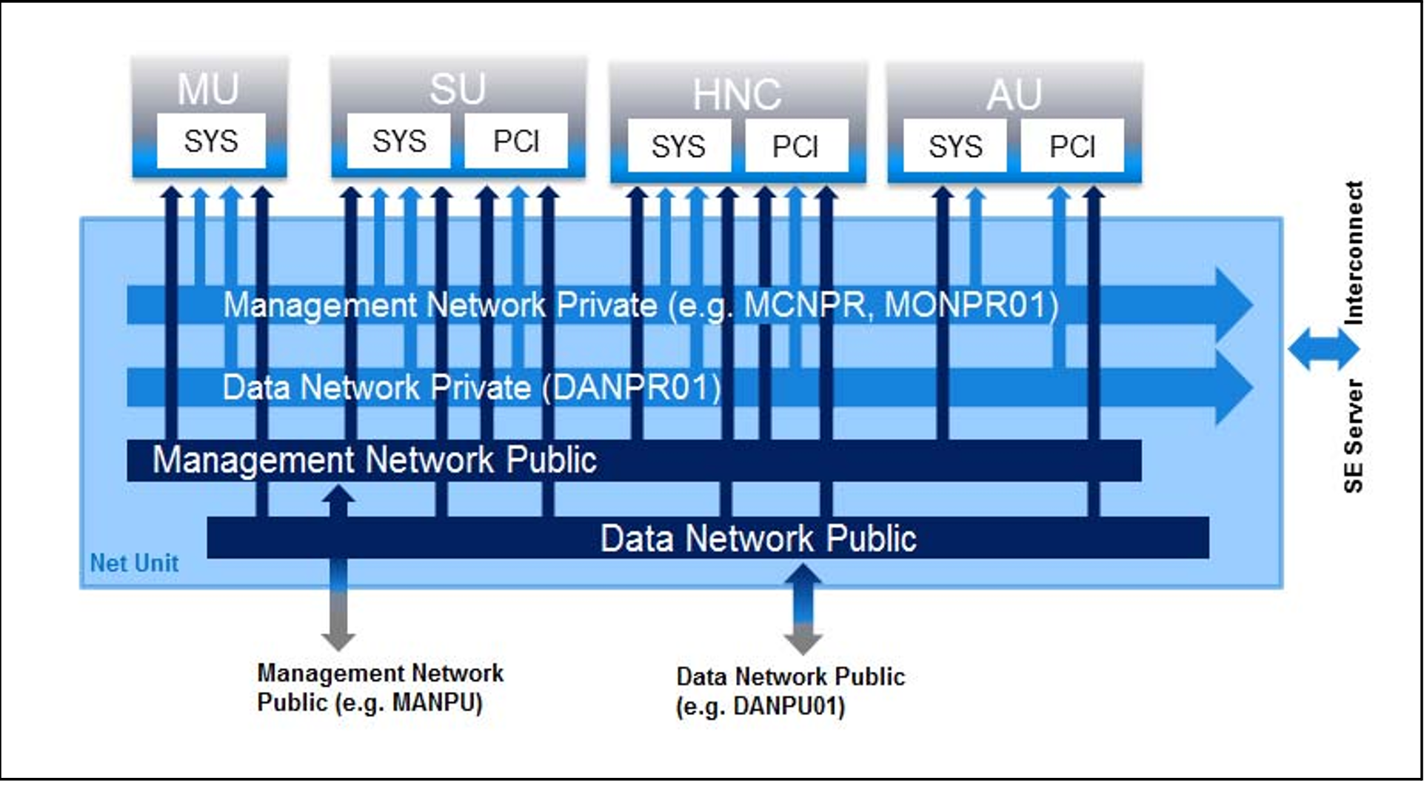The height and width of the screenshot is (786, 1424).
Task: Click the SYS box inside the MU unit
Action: tap(211, 141)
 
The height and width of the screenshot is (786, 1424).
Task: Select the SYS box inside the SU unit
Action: tap(399, 141)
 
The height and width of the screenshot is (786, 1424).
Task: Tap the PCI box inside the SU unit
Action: tap(516, 141)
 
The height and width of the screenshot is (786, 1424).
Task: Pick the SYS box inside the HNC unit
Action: tap(678, 146)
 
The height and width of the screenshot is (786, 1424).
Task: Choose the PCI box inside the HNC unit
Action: tap(795, 146)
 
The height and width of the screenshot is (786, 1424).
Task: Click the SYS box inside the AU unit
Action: tap(955, 146)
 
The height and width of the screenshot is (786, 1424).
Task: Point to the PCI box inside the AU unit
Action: tap(1072, 146)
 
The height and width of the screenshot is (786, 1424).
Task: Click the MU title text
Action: tap(208, 89)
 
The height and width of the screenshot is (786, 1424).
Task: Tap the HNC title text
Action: tap(737, 94)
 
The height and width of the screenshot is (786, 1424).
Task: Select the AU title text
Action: tap(1014, 94)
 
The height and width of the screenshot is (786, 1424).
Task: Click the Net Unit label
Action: tap(134, 563)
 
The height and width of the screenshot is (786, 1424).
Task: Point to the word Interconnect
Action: tap(1354, 253)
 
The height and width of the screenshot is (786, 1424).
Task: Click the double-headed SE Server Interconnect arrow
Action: tap(1324, 349)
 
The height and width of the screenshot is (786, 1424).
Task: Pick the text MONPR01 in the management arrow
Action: tap(971, 304)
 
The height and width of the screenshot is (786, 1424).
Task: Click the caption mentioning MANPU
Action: tap(379, 687)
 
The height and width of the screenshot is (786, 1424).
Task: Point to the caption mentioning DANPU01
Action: tap(790, 691)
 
